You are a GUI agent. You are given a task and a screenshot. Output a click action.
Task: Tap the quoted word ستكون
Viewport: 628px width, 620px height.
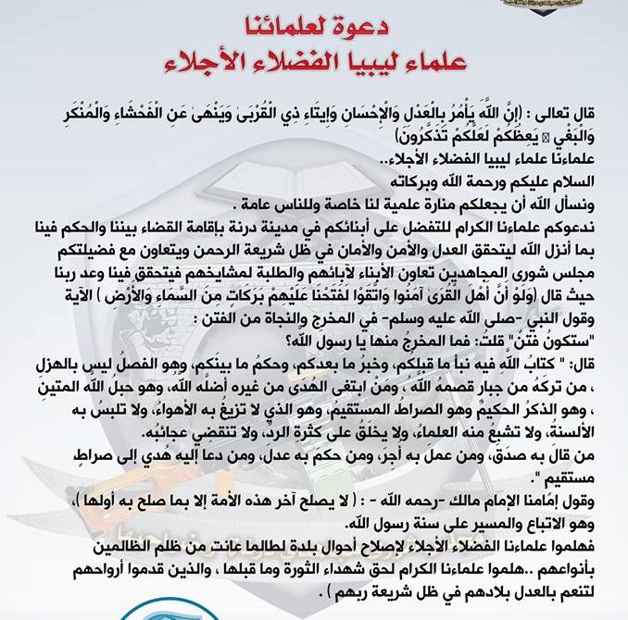click(567, 329)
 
